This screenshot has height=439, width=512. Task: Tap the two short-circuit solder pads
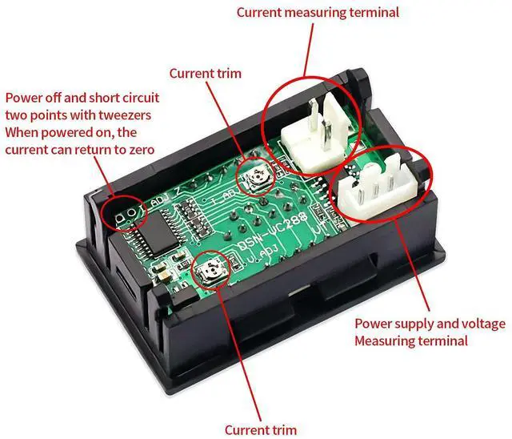coord(122,215)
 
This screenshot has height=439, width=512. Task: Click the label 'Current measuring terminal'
coord(317,12)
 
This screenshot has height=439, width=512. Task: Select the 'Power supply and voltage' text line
coord(430,324)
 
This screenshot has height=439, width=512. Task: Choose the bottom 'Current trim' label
coord(261,429)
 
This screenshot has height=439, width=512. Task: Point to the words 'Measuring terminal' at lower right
coord(411,341)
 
